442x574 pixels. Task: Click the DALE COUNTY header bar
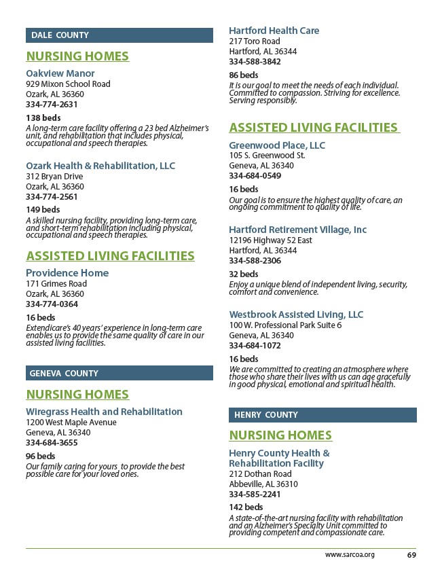coord(119,35)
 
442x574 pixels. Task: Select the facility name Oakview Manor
coord(60,73)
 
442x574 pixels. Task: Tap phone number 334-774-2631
coord(52,105)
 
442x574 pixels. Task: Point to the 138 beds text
coord(43,118)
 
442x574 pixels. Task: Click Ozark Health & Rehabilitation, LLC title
coord(100,166)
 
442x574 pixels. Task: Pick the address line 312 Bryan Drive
coord(54,177)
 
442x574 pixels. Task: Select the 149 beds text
coord(43,210)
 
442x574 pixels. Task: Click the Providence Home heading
coord(67,273)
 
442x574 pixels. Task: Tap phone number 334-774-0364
coord(52,304)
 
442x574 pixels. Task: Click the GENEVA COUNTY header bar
coord(119,373)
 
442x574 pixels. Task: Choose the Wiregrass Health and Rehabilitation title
coord(104,412)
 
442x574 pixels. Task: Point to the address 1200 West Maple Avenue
coord(71,423)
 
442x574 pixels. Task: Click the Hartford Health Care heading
coord(274,31)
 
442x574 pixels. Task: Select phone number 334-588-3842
coord(255,62)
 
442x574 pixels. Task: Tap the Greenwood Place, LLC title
coord(277,145)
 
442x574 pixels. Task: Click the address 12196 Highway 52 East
coord(270,240)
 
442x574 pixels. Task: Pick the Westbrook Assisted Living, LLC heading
coord(296,315)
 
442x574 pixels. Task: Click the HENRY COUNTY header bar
coord(323,415)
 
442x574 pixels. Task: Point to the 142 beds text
coord(246,507)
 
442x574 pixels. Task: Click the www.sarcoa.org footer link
coord(350,555)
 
